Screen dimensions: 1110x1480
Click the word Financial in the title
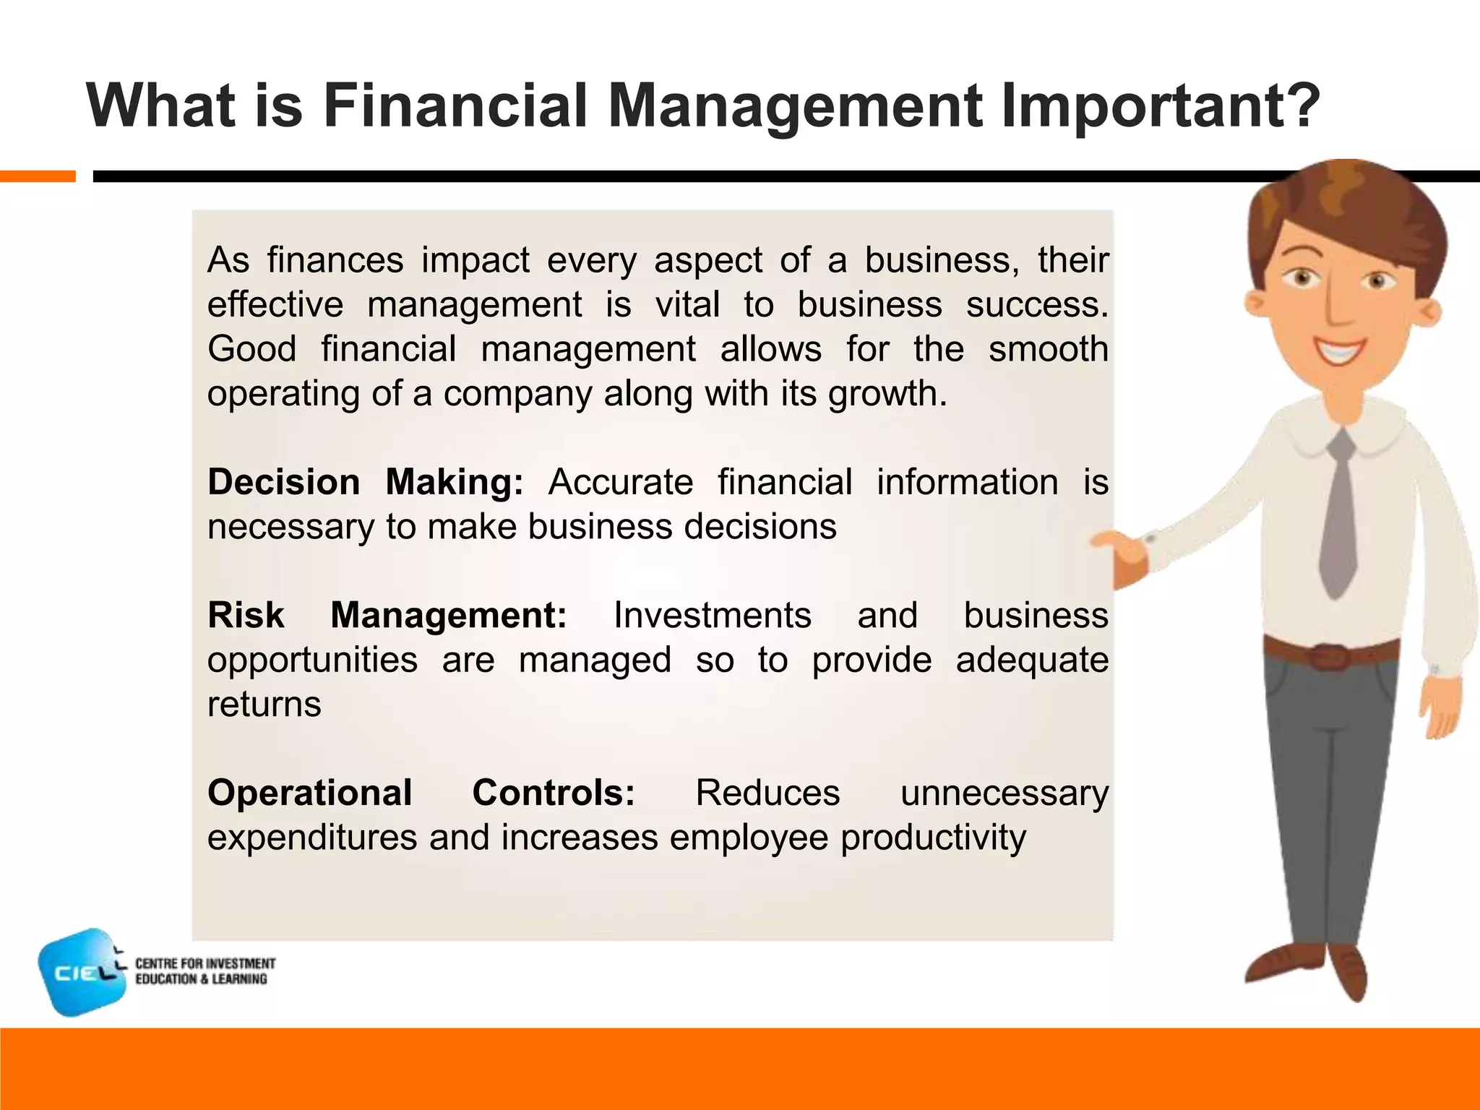click(454, 106)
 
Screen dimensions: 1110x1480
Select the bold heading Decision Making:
click(365, 482)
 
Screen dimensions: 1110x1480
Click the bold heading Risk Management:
click(387, 616)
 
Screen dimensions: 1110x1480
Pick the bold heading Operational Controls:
click(421, 793)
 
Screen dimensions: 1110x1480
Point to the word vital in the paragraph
click(687, 304)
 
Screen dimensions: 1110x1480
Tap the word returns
click(264, 705)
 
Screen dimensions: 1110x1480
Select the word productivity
click(933, 838)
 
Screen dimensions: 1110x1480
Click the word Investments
click(712, 616)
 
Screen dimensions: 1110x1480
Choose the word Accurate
click(621, 482)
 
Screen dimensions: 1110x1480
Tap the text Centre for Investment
click(205, 963)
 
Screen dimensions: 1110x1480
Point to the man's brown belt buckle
click(1327, 658)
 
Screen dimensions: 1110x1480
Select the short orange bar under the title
click(38, 176)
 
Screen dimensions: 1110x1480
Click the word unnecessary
click(1004, 793)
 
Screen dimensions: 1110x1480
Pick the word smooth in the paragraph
click(1048, 349)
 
